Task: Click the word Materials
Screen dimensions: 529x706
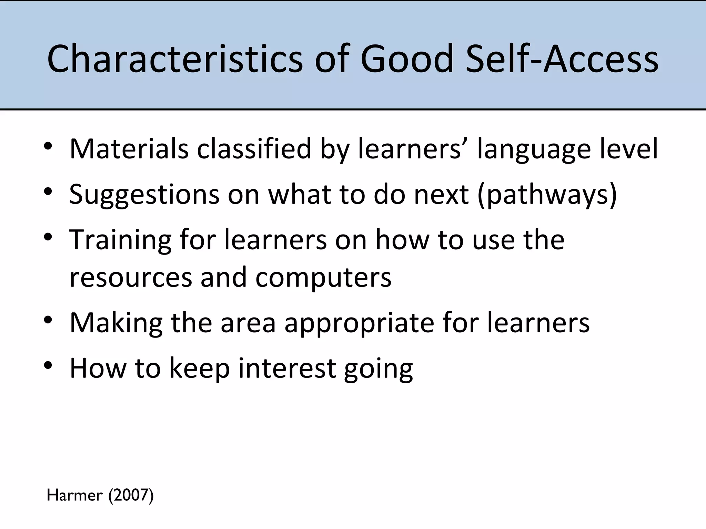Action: click(x=129, y=149)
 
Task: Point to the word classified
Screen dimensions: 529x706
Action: click(x=254, y=149)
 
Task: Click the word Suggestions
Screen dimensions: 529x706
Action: click(x=144, y=195)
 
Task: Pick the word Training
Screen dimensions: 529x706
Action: click(x=120, y=240)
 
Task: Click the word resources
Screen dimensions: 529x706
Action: click(x=131, y=278)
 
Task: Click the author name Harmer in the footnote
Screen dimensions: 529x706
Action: click(x=74, y=496)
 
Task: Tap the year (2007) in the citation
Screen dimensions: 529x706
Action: click(x=131, y=496)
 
